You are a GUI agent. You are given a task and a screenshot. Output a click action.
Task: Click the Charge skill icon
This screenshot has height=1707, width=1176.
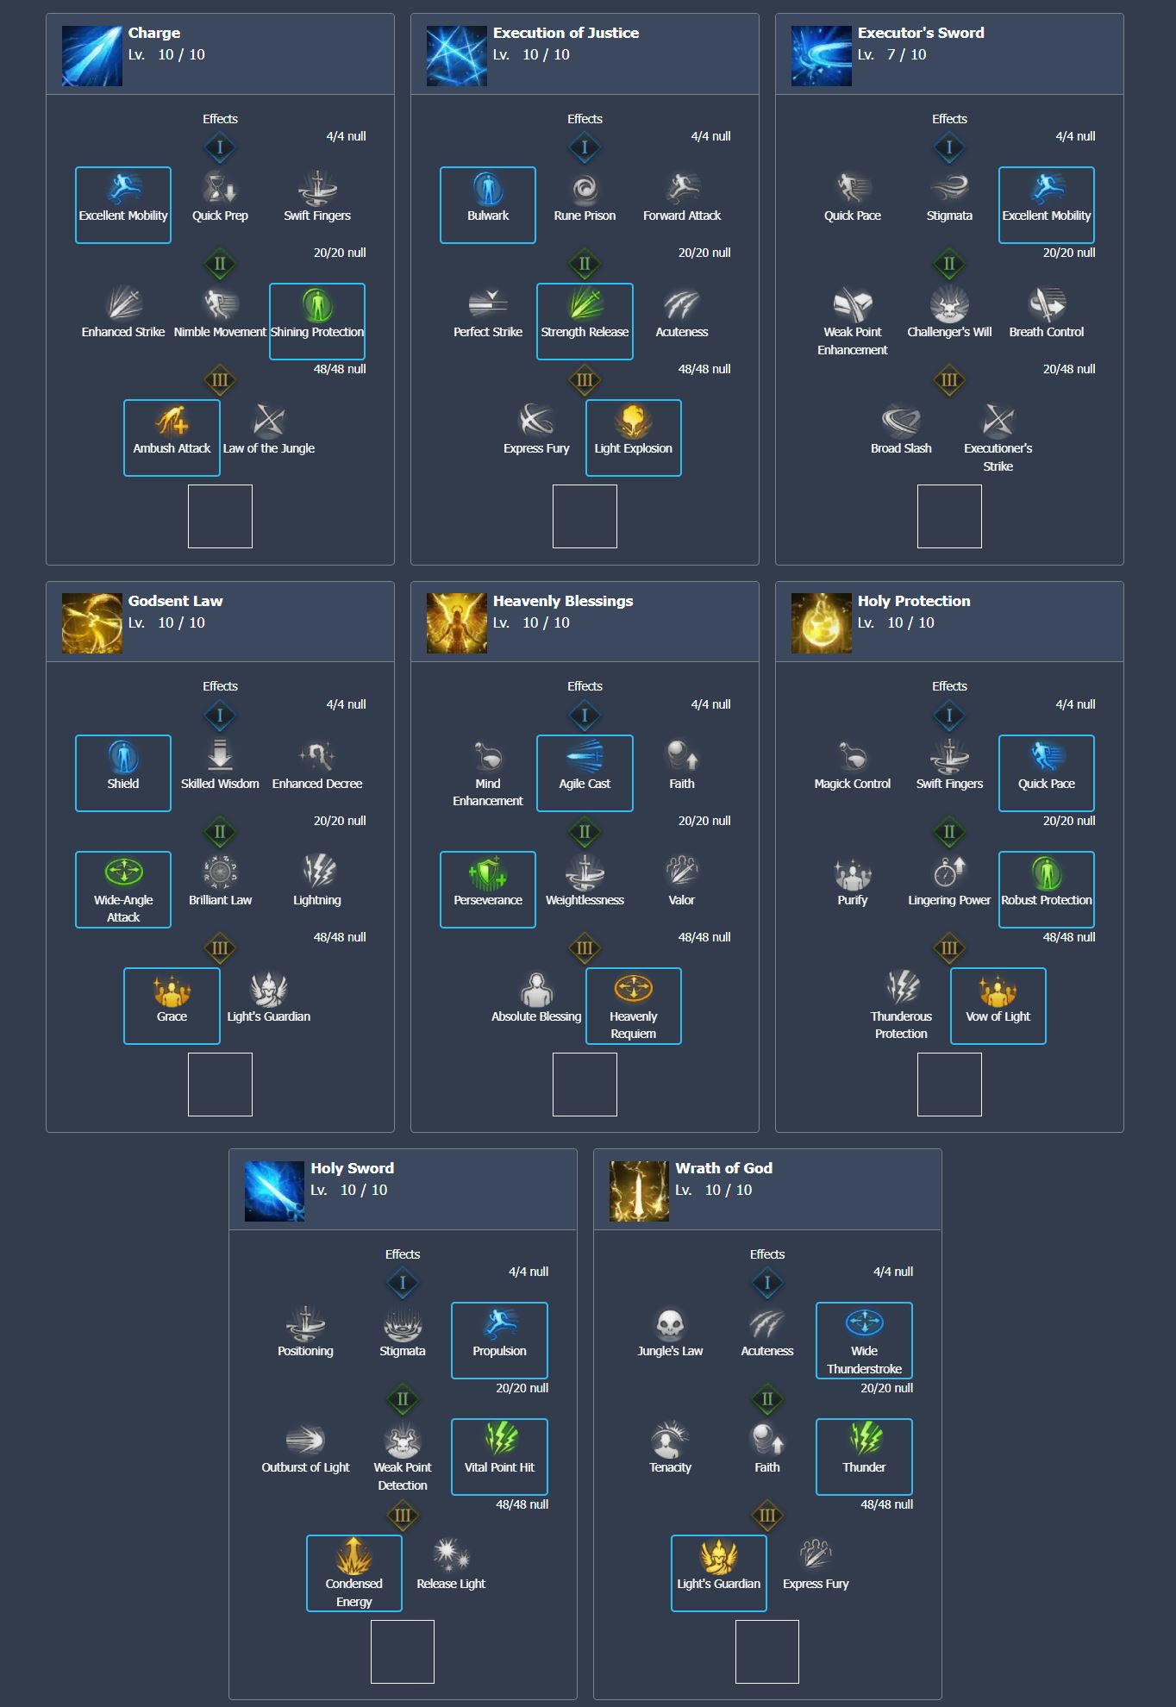tap(92, 56)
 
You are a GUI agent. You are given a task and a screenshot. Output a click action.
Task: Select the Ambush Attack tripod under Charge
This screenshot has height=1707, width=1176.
tap(172, 437)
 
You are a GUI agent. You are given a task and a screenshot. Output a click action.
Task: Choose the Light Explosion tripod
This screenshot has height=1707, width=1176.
tap(633, 437)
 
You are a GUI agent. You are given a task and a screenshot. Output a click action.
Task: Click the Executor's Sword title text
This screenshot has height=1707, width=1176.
tap(920, 33)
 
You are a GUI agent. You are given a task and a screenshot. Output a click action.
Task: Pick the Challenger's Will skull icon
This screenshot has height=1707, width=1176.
tap(949, 304)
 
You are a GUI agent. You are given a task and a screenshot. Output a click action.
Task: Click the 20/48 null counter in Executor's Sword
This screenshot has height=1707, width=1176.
tap(1068, 369)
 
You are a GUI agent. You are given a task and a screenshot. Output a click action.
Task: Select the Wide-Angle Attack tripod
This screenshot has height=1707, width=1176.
tap(123, 889)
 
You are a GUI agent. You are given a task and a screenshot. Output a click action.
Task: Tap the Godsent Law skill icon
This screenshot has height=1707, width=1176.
tap(92, 623)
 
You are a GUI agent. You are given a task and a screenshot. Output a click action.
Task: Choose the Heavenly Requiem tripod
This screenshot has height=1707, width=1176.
tap(633, 1005)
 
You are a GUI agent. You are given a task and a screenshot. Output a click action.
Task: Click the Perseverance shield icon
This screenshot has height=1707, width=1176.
tap(488, 872)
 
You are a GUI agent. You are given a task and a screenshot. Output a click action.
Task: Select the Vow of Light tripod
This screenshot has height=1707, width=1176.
tap(998, 1005)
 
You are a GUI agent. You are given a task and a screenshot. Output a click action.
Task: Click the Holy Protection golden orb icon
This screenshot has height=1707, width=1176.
tap(822, 623)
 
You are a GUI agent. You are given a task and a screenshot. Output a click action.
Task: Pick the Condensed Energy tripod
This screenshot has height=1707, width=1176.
tap(354, 1573)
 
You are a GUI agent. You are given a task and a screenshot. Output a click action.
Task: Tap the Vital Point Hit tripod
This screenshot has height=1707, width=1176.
tap(499, 1456)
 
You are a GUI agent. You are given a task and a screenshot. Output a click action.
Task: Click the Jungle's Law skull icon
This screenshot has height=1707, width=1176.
tap(670, 1324)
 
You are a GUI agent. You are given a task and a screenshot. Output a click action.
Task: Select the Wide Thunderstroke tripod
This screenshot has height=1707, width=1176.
tap(864, 1340)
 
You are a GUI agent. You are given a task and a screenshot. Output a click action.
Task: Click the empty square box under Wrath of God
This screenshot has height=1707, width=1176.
tap(766, 1651)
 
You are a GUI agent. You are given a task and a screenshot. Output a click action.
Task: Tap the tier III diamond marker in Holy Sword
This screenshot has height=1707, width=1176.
tap(403, 1515)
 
